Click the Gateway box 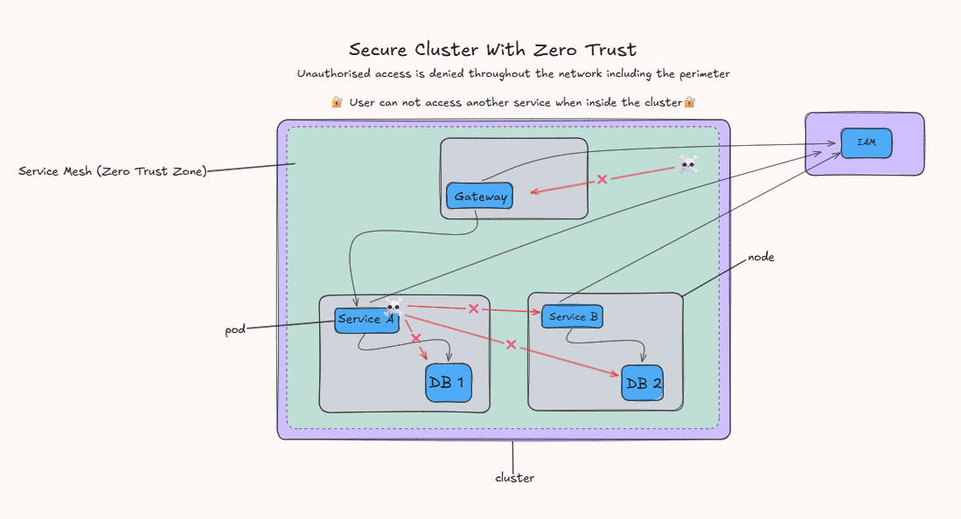pos(479,197)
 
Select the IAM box pos(867,142)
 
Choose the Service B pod pos(574,316)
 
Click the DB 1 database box pos(449,383)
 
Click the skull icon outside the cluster pos(688,164)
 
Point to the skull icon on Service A pos(393,306)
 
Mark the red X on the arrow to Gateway pos(602,179)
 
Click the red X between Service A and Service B pos(473,308)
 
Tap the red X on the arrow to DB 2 pos(511,344)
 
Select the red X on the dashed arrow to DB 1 pos(415,338)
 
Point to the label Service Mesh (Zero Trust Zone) pos(113,171)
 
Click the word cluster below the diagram pos(514,478)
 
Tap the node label pos(761,258)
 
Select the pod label pos(235,330)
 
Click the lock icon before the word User pos(337,102)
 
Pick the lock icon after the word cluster pos(689,102)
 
